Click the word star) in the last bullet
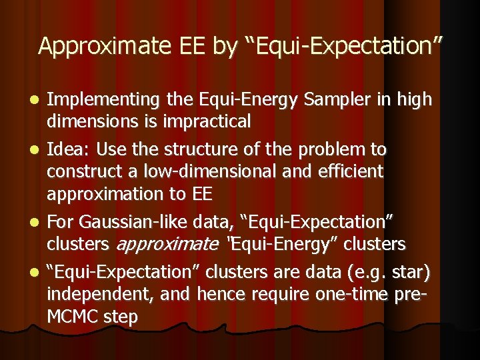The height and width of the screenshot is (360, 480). tap(411, 272)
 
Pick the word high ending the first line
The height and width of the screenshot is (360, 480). tap(415, 100)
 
